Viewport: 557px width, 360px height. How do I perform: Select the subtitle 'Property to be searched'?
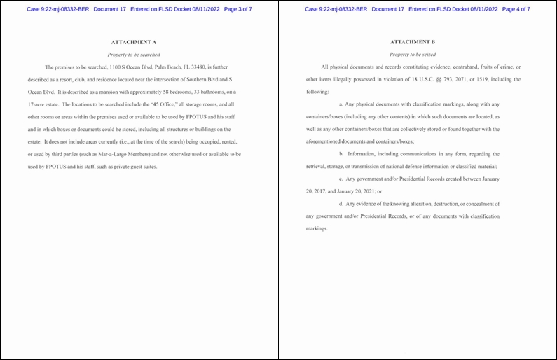(133, 54)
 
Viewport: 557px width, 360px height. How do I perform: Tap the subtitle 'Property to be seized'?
(413, 54)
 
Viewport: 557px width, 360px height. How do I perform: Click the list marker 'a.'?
(341, 104)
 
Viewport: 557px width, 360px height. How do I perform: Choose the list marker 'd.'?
(341, 204)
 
